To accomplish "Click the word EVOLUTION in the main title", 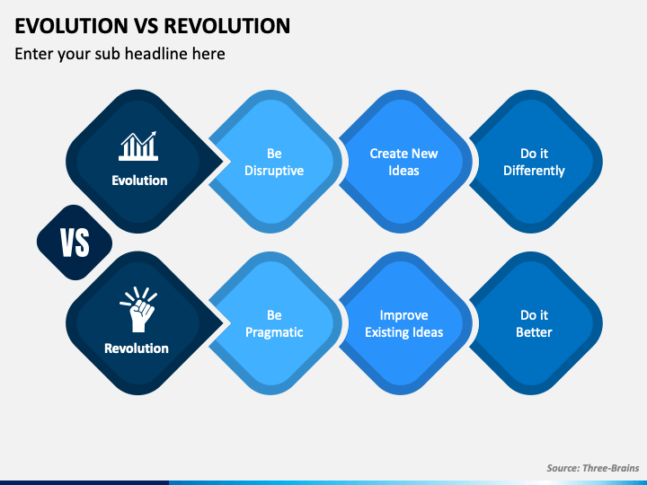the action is [x=71, y=25].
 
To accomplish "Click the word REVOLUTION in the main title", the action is [x=227, y=25].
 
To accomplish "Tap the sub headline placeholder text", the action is [x=120, y=54].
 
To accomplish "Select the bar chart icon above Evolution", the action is [x=138, y=146].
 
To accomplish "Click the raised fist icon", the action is [x=138, y=309].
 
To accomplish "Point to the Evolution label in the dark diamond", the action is [x=139, y=181].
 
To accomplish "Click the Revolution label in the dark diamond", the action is [x=137, y=348].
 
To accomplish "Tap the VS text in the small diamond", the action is [x=75, y=242].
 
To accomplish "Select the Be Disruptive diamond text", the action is [x=274, y=162].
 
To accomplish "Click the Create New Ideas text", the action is [x=403, y=162].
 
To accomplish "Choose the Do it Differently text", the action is [x=534, y=162].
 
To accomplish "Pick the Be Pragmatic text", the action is [x=274, y=323].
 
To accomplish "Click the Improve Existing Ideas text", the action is [x=404, y=323].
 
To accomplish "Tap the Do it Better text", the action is [x=534, y=323].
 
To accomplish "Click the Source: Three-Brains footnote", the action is [x=592, y=468].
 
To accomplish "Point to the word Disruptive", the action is [x=274, y=171].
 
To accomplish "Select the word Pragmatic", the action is [x=274, y=332].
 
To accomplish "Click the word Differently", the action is [x=534, y=171].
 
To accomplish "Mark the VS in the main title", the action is [x=146, y=25].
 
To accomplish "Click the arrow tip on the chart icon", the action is [x=155, y=132].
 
